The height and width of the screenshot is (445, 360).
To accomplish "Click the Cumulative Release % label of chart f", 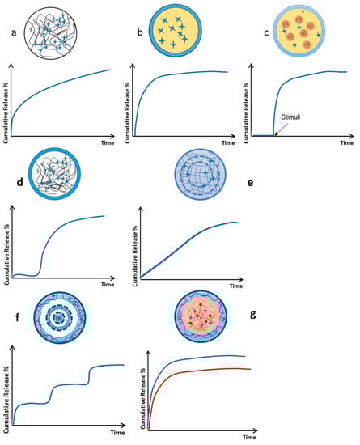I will click(x=6, y=386).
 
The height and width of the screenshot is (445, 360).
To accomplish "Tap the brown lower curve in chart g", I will click(x=202, y=372).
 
